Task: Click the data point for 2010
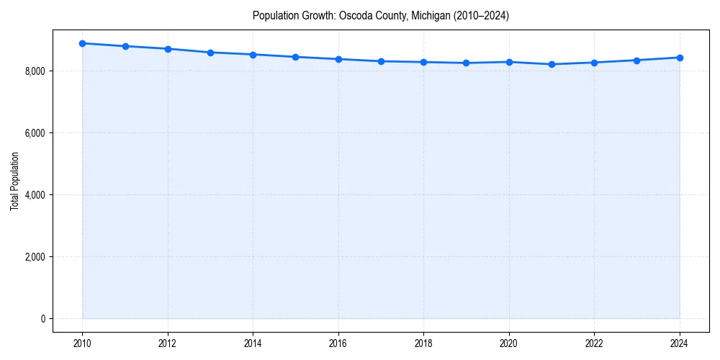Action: (82, 43)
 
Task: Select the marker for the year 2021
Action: (552, 64)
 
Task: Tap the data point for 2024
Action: (680, 58)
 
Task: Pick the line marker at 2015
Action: (296, 57)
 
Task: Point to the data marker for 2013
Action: (210, 53)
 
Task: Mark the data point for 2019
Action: (467, 63)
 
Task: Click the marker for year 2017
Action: (381, 61)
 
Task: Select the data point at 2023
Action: (637, 60)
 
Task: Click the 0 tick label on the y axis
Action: (44, 319)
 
